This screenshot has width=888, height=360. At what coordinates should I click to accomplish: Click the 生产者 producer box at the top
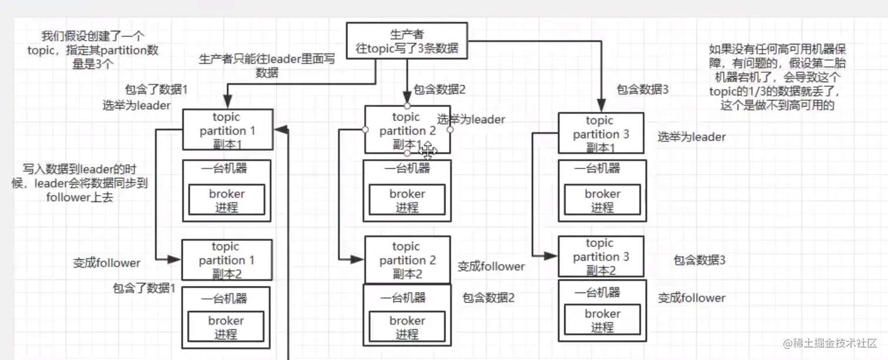click(407, 41)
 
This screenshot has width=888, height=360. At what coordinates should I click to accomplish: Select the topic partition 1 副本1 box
click(227, 130)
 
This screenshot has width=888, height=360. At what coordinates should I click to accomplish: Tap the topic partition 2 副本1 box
click(407, 130)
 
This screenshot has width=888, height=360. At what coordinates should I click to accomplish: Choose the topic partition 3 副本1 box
click(600, 133)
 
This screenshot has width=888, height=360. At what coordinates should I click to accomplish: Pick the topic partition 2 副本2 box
click(407, 260)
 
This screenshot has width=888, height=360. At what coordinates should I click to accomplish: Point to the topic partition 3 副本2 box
click(600, 257)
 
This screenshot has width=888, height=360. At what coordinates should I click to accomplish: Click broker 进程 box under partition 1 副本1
click(226, 200)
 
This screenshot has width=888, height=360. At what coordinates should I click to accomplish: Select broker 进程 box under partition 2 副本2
click(406, 327)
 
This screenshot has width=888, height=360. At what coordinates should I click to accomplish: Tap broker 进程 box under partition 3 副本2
click(602, 320)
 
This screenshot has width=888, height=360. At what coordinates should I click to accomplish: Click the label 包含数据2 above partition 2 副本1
click(439, 90)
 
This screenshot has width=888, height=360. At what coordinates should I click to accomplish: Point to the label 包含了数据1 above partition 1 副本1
click(156, 90)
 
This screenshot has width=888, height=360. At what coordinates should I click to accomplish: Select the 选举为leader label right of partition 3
click(691, 137)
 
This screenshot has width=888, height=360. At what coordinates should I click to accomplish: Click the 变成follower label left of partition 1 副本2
click(107, 263)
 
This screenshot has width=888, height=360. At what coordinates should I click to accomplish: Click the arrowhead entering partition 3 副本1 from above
click(602, 106)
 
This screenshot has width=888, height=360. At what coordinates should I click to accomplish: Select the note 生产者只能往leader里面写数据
click(267, 66)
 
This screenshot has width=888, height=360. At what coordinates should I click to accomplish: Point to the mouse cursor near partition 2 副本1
click(428, 151)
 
